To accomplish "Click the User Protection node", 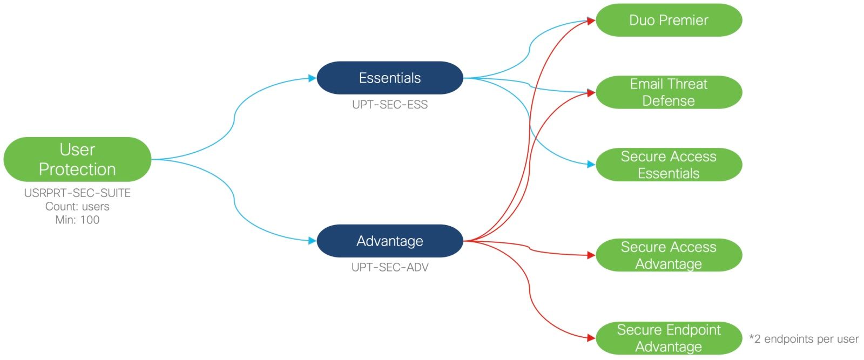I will click(77, 159).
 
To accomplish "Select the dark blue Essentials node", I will click(389, 78).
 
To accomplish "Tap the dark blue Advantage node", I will click(389, 241).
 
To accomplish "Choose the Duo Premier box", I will click(669, 21).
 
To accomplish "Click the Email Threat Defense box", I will click(669, 92).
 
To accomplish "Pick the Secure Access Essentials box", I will click(669, 165).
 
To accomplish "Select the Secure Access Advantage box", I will click(669, 255).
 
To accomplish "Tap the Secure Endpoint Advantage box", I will click(669, 338).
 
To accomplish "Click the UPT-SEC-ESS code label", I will click(389, 105).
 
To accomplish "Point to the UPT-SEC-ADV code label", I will click(389, 267).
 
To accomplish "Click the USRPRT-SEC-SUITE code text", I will click(77, 193).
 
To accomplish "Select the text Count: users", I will click(77, 207).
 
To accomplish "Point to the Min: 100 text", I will click(77, 220).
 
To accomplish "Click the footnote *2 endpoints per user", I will click(804, 339).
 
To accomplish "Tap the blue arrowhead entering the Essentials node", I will click(312, 78).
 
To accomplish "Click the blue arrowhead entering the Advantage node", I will click(312, 241).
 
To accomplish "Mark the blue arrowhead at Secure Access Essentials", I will click(591, 164).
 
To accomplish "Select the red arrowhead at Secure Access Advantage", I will click(591, 255).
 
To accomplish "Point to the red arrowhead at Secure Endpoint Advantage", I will click(591, 338).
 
